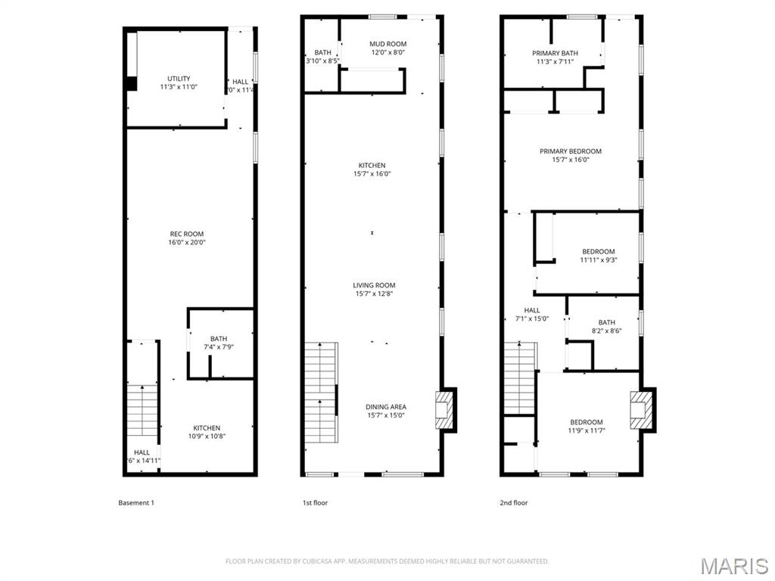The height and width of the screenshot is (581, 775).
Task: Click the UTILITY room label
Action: coord(179,82)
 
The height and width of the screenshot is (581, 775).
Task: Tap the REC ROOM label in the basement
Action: coord(186,238)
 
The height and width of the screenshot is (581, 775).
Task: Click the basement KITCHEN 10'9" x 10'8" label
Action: coord(206,432)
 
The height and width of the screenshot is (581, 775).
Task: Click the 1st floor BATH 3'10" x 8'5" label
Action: coord(322,57)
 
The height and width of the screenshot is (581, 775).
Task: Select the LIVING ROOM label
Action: coord(374,290)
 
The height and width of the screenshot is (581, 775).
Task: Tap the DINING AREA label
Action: coord(386,411)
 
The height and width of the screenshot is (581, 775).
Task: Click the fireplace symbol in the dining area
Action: coord(446,409)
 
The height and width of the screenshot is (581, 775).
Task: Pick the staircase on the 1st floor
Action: coord(320,393)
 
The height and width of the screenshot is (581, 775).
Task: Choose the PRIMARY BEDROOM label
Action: coord(571,155)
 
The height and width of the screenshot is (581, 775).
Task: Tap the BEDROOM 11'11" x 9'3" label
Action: coord(598,256)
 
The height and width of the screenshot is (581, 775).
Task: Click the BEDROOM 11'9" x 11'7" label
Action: coord(587,426)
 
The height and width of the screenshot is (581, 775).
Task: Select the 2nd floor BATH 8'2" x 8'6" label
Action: coord(606,326)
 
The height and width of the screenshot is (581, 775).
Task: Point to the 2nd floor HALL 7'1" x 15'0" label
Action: coord(532,314)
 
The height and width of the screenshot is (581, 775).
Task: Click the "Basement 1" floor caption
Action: coord(136,502)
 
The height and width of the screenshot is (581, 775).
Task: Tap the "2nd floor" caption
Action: coord(514,502)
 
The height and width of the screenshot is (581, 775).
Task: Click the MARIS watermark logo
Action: coord(733,565)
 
